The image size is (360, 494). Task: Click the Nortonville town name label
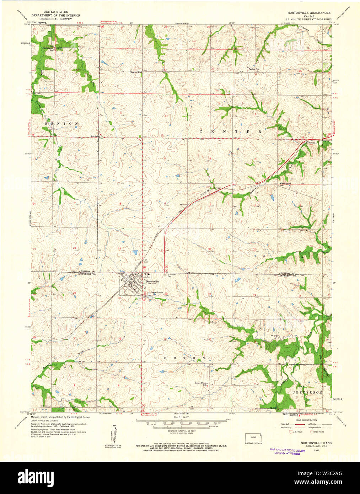(152, 281)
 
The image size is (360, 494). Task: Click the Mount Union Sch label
(200, 383)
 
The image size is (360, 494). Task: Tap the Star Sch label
(95, 136)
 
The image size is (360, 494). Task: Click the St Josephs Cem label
(172, 275)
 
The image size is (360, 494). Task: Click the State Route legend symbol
(312, 431)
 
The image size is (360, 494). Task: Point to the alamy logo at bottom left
(36, 477)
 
